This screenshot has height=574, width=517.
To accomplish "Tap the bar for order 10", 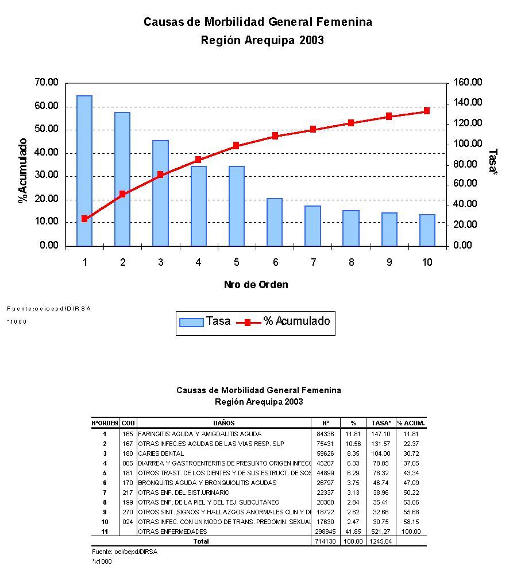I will click(427, 230).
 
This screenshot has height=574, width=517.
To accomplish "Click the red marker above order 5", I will click(236, 146).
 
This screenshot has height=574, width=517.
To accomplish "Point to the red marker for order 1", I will click(84, 219).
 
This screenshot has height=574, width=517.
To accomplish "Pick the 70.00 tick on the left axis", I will click(47, 83).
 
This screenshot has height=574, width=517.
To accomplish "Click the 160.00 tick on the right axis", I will click(468, 83).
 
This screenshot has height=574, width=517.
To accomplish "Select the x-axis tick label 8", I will click(351, 262).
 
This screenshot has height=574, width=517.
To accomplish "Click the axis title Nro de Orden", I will click(256, 285).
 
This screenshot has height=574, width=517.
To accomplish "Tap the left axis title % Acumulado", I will click(23, 170).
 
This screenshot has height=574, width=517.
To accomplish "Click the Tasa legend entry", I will click(205, 321).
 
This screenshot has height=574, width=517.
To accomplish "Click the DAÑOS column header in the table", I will click(223, 423).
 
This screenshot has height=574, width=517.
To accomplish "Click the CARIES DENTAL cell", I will click(157, 453).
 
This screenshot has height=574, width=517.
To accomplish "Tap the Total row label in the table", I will click(201, 541).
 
